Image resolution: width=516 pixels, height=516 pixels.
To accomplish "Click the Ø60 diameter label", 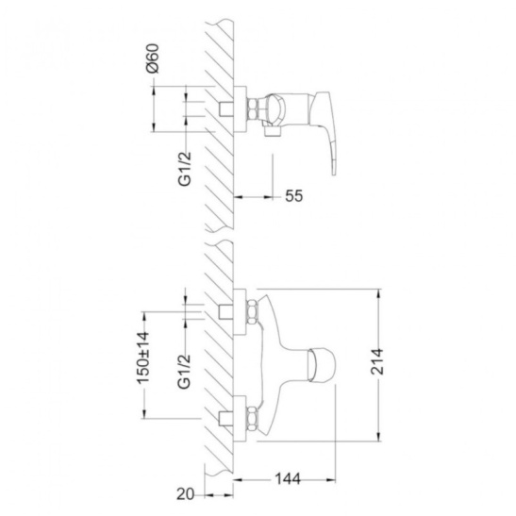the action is tap(154, 58).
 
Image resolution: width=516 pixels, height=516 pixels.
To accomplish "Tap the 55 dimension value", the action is tap(294, 196).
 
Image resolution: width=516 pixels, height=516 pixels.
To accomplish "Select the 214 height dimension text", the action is tap(377, 361).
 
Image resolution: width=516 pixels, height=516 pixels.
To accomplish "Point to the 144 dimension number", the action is tap(288, 479).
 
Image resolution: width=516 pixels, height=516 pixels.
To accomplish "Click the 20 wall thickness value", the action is tap(186, 494).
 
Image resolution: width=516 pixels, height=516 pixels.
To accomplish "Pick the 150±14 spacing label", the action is tap(142, 358).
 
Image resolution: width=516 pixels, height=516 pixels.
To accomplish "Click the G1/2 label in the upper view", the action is tap(185, 169).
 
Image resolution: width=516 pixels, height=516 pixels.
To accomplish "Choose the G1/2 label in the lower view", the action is tap(184, 372).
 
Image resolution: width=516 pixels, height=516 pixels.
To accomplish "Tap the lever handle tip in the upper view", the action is tap(334, 171).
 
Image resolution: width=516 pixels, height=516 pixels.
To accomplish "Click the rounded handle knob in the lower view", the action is tap(322, 365).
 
